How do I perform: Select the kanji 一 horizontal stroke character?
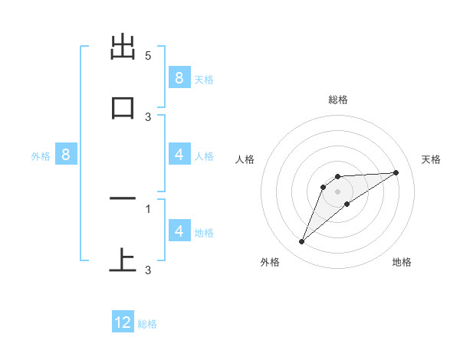(123, 199)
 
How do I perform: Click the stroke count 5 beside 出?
(148, 56)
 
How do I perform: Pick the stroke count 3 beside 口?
(148, 116)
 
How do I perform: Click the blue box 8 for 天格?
(179, 77)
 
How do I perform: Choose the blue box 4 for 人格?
(179, 154)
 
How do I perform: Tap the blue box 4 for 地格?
(179, 231)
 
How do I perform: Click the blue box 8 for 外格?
(66, 154)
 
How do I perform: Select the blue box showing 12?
(123, 322)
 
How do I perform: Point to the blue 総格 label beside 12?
(147, 324)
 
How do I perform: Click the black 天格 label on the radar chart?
(432, 159)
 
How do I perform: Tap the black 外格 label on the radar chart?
(270, 262)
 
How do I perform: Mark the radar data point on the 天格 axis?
(396, 172)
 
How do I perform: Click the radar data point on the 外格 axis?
(301, 242)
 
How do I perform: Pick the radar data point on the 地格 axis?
(347, 204)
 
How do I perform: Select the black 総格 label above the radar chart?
(337, 100)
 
